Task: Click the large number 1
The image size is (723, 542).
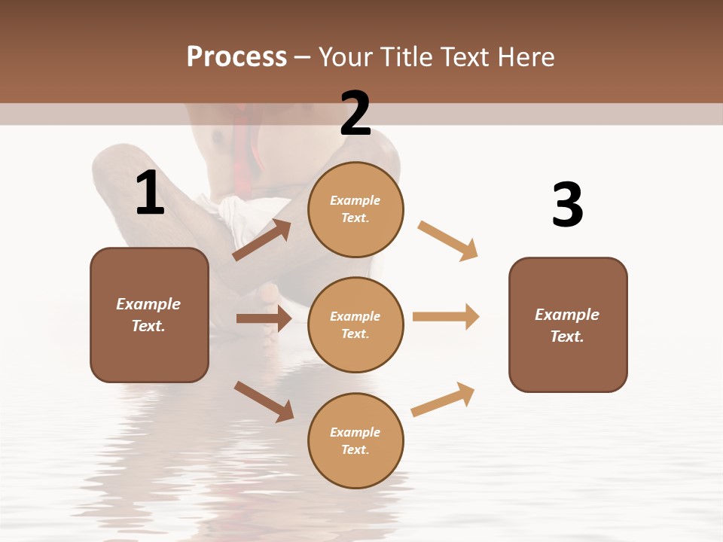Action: tap(150, 193)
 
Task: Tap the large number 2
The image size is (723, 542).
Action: tap(355, 113)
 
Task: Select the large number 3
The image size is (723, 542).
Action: tap(568, 205)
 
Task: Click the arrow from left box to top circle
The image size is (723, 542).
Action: tap(261, 240)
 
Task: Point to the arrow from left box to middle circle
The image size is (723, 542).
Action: tap(264, 318)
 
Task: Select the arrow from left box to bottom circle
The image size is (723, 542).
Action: tap(264, 401)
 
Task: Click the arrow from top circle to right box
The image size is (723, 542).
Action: tap(447, 240)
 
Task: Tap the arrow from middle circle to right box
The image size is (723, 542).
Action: tap(446, 317)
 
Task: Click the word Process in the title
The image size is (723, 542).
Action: tap(236, 56)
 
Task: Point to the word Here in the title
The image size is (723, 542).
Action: tap(527, 56)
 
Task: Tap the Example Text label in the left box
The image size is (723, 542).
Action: tap(149, 315)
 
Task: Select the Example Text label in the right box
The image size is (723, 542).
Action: tap(568, 325)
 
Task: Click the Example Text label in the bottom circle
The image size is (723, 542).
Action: tap(355, 440)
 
